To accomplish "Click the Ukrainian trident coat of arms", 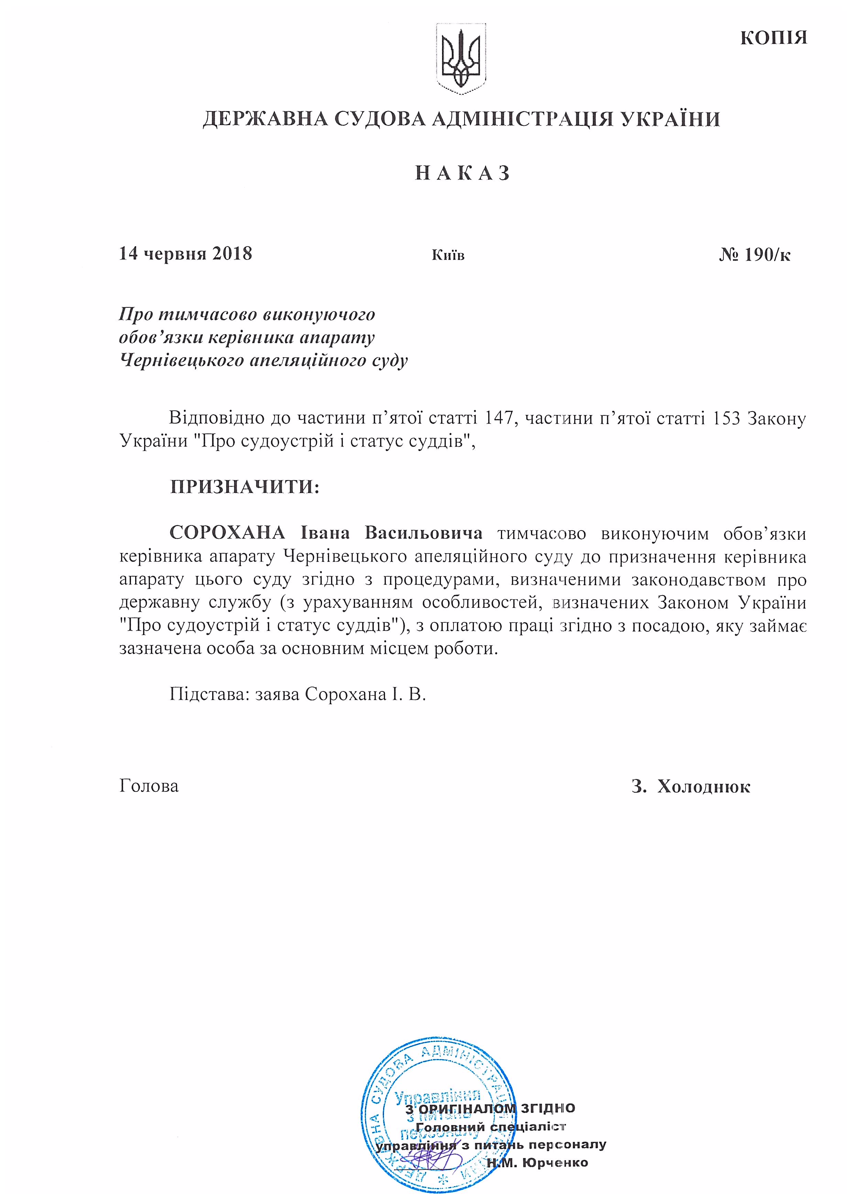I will [x=461, y=59].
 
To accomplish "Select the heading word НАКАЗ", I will [x=462, y=173].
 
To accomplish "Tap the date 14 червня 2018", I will [x=186, y=254].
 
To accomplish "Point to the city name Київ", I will [x=448, y=255].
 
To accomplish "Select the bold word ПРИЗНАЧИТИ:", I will [x=244, y=487].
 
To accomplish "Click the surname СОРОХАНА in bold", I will [x=227, y=533].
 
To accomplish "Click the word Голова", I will [x=149, y=786].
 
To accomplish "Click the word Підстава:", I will [x=208, y=694].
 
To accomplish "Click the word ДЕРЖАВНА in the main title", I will [x=265, y=120].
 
